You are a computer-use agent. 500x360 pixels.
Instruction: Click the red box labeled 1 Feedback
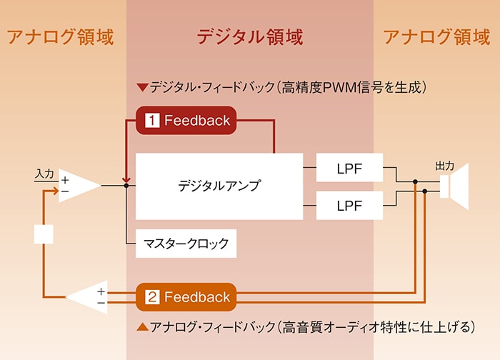[x=186, y=120]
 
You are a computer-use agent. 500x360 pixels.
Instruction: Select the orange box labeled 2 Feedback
[x=186, y=297]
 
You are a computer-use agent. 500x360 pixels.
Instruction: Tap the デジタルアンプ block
[x=219, y=186]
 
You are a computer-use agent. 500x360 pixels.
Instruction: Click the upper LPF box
[x=349, y=168]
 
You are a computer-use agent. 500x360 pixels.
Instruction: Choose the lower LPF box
[x=349, y=205]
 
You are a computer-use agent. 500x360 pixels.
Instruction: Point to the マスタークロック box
[x=186, y=244]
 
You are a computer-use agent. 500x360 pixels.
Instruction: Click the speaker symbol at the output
[x=454, y=186]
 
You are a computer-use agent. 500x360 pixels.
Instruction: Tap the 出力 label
[x=444, y=166]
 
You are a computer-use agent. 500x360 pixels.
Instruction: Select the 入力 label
[x=44, y=174]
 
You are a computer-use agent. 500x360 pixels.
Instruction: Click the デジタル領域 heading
[x=250, y=36]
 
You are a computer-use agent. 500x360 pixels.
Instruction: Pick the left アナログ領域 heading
[x=60, y=36]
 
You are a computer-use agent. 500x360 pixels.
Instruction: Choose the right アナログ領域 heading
[x=436, y=36]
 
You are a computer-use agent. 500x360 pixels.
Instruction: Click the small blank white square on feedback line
[x=44, y=234]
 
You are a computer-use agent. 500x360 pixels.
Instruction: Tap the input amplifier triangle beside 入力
[x=80, y=186]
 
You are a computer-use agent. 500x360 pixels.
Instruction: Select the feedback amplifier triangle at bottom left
[x=86, y=297]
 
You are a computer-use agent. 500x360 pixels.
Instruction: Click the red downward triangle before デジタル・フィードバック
[x=142, y=87]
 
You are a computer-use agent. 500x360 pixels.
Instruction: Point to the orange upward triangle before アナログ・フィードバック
[x=142, y=326]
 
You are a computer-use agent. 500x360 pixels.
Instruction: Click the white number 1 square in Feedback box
[x=152, y=120]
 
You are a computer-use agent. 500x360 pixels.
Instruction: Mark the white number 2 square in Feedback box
[x=152, y=297]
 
